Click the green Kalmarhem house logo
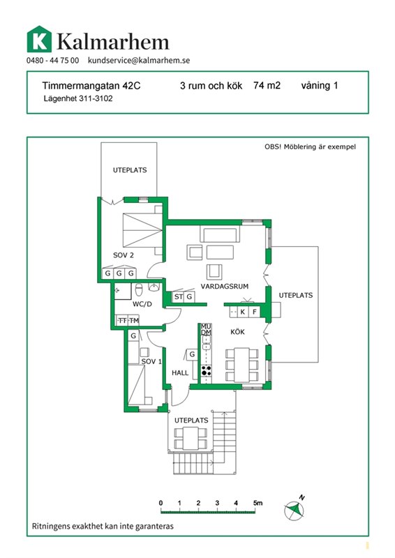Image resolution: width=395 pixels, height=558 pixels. (39, 39)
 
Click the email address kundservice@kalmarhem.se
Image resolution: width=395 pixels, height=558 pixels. (139, 60)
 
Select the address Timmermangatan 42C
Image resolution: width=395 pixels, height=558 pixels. (91, 86)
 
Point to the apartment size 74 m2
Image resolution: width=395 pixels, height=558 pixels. (267, 85)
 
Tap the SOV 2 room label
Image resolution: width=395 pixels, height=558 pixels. (124, 255)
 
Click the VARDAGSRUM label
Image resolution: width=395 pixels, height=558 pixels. (225, 287)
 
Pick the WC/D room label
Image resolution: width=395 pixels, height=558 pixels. (142, 304)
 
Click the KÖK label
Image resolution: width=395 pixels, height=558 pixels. (237, 332)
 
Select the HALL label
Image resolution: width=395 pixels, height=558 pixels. (180, 373)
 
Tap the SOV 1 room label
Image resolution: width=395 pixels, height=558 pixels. (151, 361)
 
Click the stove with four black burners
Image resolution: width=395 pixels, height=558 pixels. (207, 370)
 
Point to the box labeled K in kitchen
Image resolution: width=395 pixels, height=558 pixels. (243, 312)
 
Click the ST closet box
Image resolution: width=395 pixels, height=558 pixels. (179, 297)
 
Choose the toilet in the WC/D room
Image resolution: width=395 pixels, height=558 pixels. (139, 289)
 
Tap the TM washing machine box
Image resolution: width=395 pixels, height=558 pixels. (133, 321)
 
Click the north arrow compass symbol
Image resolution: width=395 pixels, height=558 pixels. (295, 509)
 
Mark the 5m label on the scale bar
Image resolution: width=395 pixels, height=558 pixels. (258, 503)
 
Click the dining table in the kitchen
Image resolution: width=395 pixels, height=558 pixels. (242, 365)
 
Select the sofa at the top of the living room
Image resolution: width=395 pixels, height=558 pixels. (220, 234)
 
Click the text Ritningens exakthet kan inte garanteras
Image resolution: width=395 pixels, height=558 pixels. (103, 526)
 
